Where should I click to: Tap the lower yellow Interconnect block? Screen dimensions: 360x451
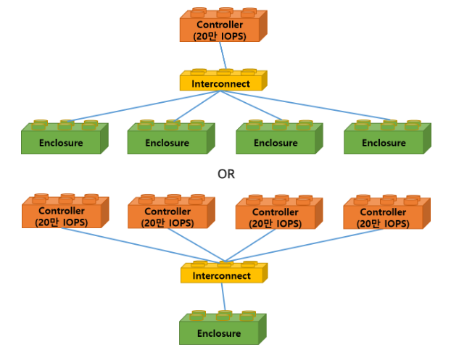(222, 275)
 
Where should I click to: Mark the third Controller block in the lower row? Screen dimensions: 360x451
(276, 216)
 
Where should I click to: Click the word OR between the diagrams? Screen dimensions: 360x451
(226, 174)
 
